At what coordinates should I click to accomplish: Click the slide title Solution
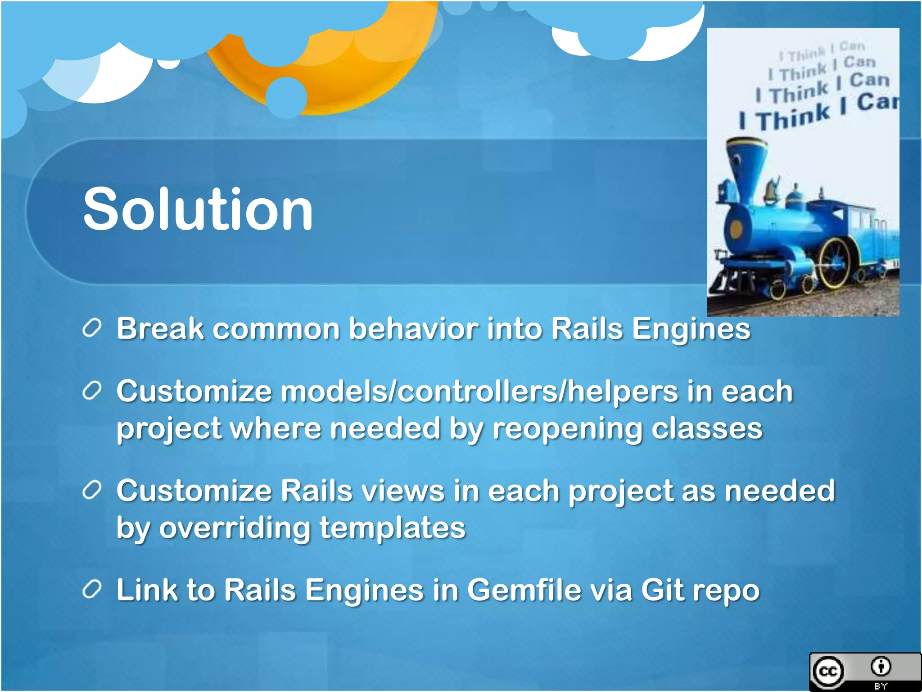point(198,209)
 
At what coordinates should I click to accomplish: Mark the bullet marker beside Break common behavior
point(92,328)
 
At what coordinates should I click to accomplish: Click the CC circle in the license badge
point(828,672)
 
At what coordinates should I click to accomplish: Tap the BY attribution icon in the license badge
point(881,667)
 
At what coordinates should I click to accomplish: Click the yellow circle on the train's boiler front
point(736,229)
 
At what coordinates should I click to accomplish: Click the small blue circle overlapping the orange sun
point(286,97)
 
